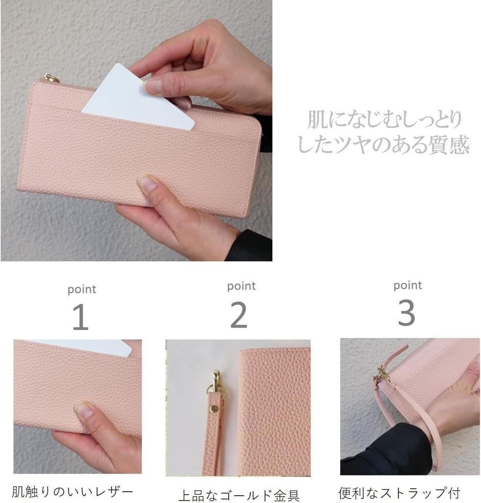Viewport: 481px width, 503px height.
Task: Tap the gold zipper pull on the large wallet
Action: coord(51,78)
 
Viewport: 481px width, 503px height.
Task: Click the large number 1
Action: coord(80,317)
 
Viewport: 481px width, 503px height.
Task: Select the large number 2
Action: coord(239,315)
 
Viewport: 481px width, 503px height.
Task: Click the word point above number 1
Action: coord(81,289)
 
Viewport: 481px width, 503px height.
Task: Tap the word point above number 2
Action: coord(241,286)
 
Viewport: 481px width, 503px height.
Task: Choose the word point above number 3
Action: coord(407,285)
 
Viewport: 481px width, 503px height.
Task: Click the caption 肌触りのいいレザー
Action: coord(73,492)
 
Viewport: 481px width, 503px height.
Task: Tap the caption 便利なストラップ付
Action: coord(399,493)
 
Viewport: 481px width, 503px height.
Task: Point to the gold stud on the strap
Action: coord(214,409)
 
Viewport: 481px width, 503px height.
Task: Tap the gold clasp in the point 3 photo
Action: coord(383,376)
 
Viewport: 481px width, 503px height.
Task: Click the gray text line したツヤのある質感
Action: coord(383,145)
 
